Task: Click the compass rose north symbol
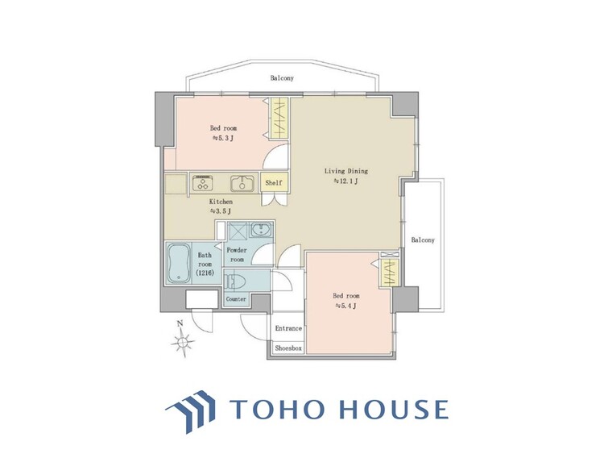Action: click(184, 339)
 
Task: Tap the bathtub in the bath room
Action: click(179, 264)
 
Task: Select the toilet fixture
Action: click(234, 281)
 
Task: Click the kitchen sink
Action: click(242, 183)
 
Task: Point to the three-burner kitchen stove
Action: click(203, 182)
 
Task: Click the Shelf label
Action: click(274, 183)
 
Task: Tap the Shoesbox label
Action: click(288, 348)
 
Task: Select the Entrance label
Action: click(288, 328)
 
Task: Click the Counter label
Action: click(236, 299)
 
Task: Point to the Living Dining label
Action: click(346, 171)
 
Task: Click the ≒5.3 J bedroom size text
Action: click(222, 138)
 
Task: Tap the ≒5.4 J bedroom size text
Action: click(346, 306)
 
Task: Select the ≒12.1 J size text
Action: click(346, 181)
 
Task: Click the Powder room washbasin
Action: click(262, 230)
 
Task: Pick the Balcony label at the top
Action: click(282, 78)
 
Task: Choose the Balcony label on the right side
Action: click(423, 239)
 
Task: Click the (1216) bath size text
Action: click(205, 273)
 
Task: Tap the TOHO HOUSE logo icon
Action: click(192, 411)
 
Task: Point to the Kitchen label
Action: click(221, 202)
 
